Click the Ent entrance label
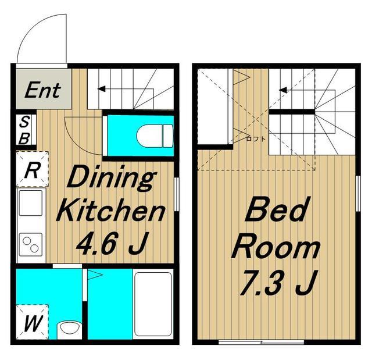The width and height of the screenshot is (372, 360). coord(42,90)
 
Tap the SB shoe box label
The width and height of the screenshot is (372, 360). coord(24,130)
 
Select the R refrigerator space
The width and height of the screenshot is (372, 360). coord(33,169)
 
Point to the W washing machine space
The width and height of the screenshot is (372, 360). coord(33,322)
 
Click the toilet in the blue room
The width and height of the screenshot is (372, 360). coord(155,136)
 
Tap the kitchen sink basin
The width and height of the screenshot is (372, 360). coord(31,202)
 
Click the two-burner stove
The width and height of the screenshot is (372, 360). coord(31,244)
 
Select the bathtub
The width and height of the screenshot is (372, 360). coord(153,304)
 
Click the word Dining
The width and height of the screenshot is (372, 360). coord(111,179)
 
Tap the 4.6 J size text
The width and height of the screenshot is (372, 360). coord(112,243)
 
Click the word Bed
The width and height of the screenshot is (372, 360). coord(276,209)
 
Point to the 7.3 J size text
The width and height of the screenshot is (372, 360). coord(278,283)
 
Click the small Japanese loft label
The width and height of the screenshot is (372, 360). coord(256,139)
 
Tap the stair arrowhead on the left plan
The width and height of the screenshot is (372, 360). coord(101,89)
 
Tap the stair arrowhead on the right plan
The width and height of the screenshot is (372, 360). coord(283,90)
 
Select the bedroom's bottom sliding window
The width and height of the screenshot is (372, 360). coord(261,342)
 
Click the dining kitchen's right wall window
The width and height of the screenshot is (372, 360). coord(176,194)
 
